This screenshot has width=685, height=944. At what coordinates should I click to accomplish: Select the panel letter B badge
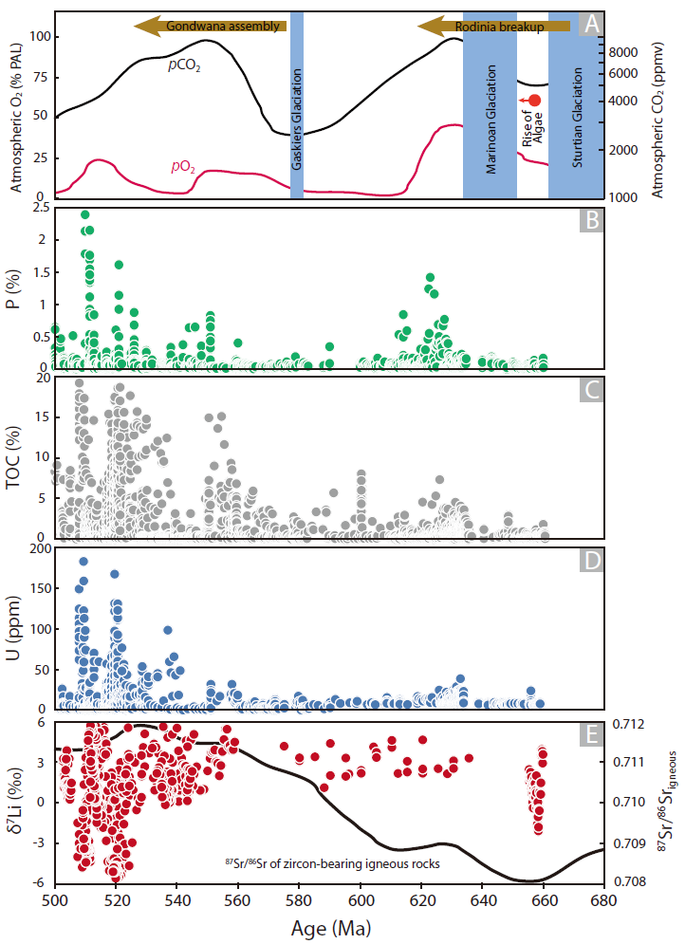pyautogui.click(x=591, y=222)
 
